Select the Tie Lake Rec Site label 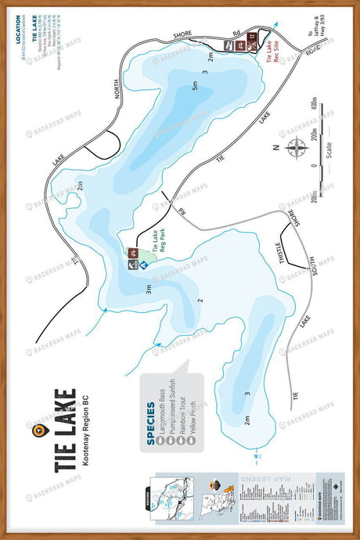pyautogui.click(x=269, y=57)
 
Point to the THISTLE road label pyautogui.click(x=283, y=265)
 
